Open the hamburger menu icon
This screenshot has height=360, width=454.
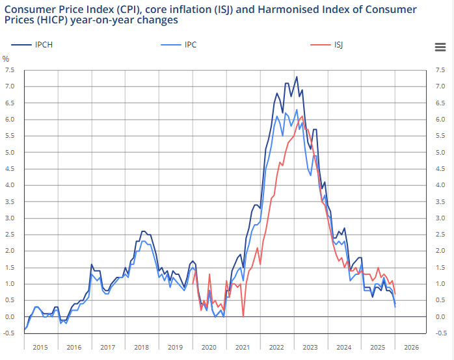440,46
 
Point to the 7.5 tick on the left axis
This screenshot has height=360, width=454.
10,70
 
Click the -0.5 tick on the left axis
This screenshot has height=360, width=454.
8,333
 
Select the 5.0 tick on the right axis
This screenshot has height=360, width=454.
440,153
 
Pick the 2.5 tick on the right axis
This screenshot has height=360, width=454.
440,235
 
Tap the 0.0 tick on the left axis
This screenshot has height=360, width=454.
10,316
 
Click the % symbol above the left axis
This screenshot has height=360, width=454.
7,58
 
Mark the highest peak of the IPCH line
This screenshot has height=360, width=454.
297,77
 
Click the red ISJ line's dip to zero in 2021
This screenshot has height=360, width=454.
243,316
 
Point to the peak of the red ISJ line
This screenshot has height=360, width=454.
302,116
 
